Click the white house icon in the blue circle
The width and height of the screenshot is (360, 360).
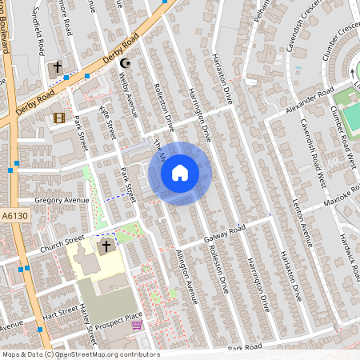pos(180,172)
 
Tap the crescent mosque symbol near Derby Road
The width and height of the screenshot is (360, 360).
pos(124,63)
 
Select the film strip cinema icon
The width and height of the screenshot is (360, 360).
pos(58,118)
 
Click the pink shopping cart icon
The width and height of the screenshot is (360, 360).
pos(137,325)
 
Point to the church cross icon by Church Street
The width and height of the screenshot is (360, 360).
pos(106,246)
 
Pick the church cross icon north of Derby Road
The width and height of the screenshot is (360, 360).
pos(58,68)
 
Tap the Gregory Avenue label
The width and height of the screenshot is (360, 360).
pos(62,200)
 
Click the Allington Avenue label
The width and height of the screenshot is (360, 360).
pos(186,277)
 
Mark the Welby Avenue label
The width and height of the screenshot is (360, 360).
pos(128,97)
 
